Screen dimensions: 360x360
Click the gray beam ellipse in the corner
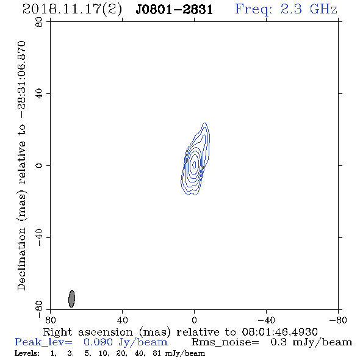71,298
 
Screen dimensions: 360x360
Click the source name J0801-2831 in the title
174,10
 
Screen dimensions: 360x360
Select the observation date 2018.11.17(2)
72,10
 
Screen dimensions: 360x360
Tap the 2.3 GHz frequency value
309,9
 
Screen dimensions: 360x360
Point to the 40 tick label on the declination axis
39,94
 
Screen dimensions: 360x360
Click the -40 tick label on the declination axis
39,237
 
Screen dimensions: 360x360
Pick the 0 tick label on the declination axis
39,165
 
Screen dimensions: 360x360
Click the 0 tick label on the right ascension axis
194,320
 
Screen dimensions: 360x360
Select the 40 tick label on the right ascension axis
122,320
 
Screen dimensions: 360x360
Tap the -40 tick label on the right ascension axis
266,320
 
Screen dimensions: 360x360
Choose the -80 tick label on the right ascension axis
338,320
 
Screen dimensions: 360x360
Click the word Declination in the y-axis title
21,259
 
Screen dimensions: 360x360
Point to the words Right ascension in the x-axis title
88,332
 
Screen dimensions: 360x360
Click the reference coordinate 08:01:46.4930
279,332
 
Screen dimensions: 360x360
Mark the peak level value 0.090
98,342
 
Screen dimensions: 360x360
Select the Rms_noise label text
225,342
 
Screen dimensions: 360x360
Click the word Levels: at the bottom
27,353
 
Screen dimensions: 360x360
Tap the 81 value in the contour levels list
157,353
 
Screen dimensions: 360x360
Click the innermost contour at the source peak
194,164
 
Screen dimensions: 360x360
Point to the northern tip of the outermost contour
204,123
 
